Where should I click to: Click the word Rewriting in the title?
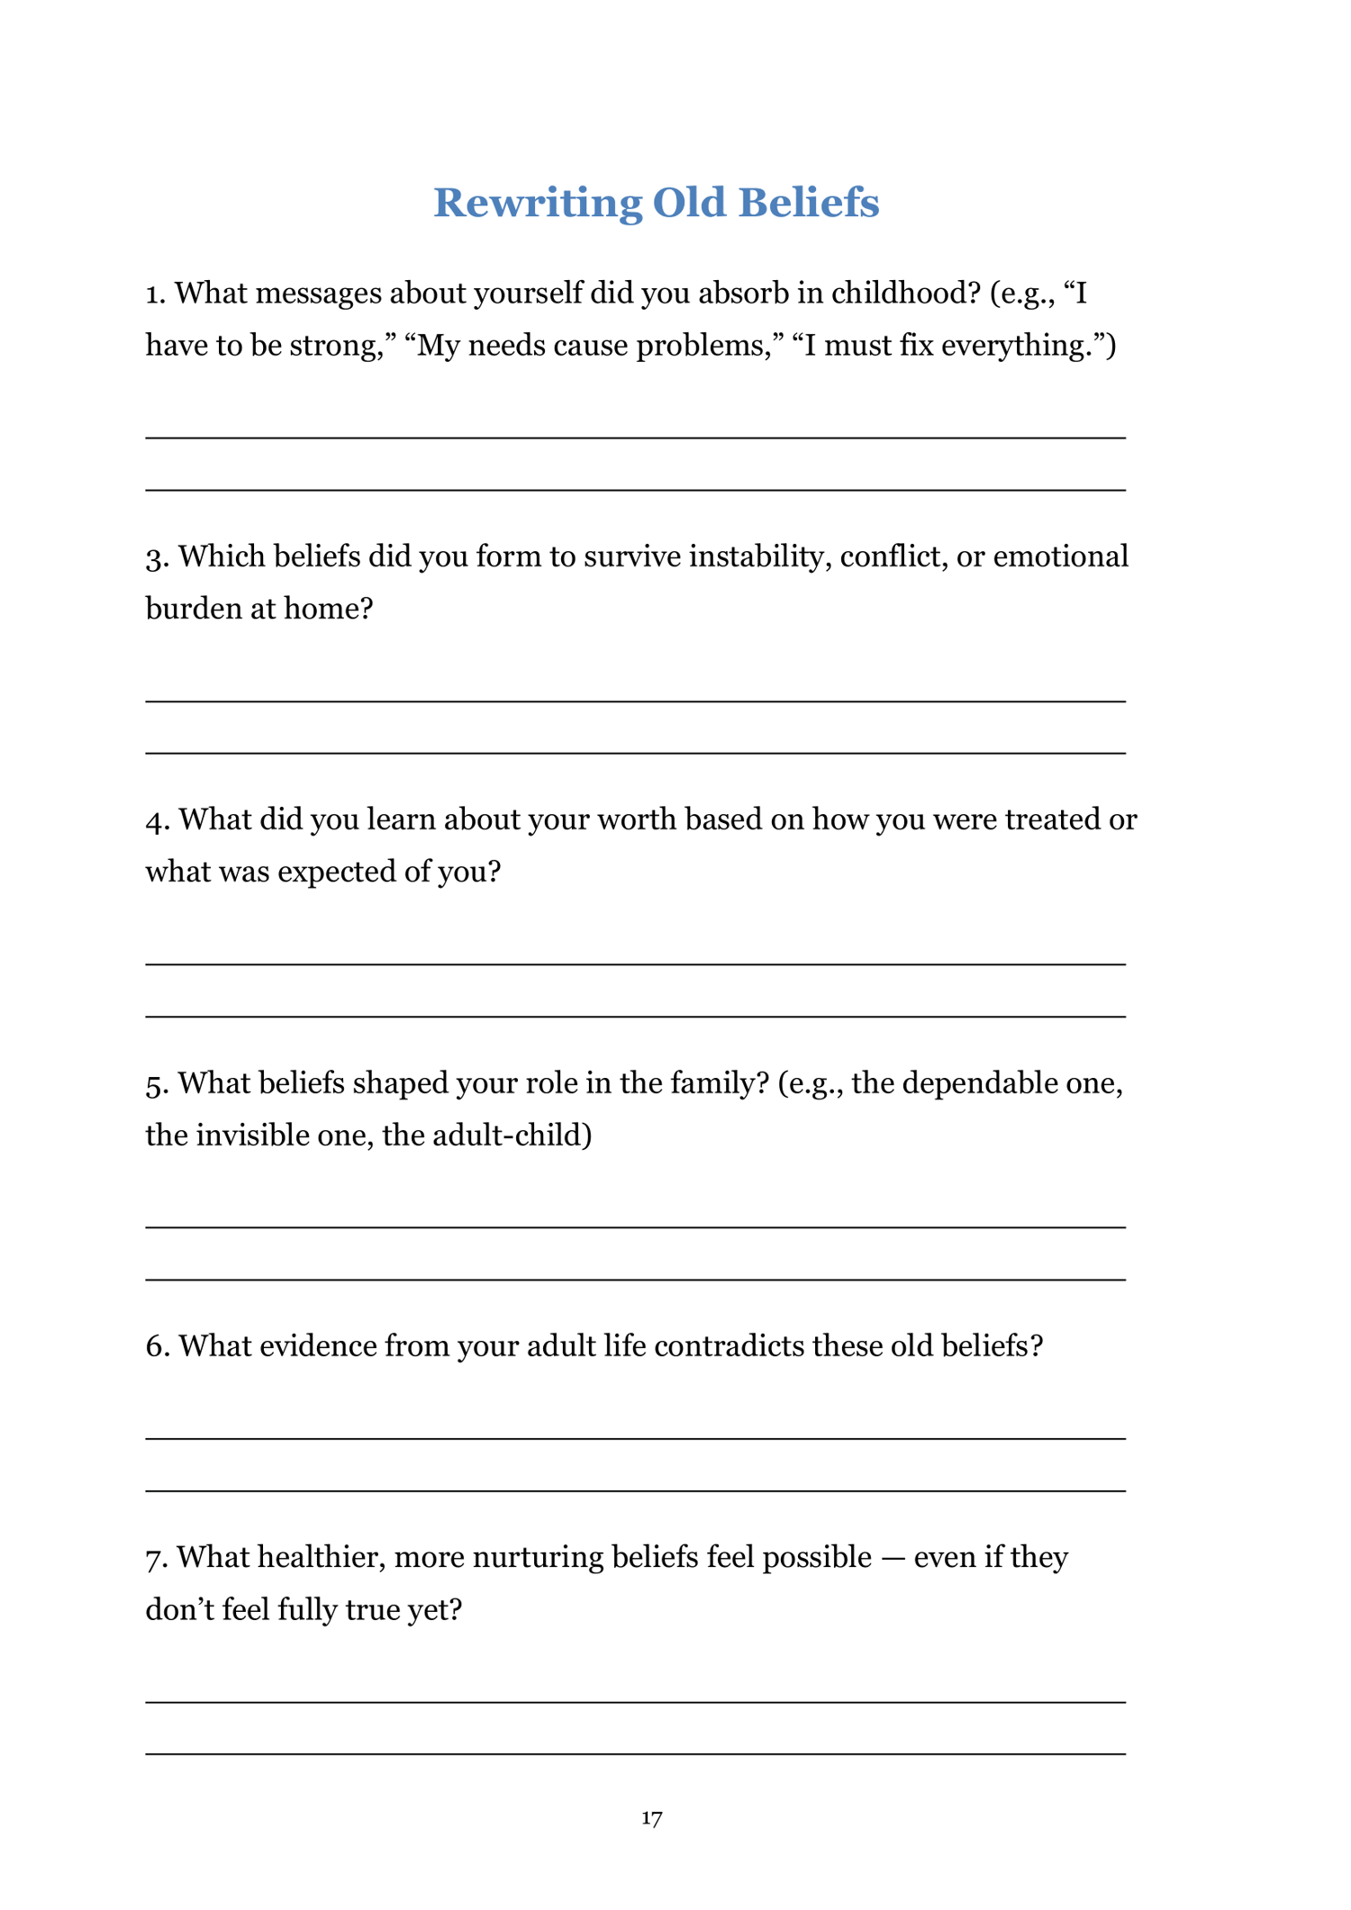pos(538,204)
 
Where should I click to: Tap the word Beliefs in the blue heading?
pos(808,204)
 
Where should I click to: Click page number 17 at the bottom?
pos(652,1818)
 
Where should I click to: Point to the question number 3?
pos(156,558)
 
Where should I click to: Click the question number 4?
pos(156,821)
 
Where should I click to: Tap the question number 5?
pos(156,1084)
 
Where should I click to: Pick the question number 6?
pos(156,1347)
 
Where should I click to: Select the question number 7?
pos(156,1559)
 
